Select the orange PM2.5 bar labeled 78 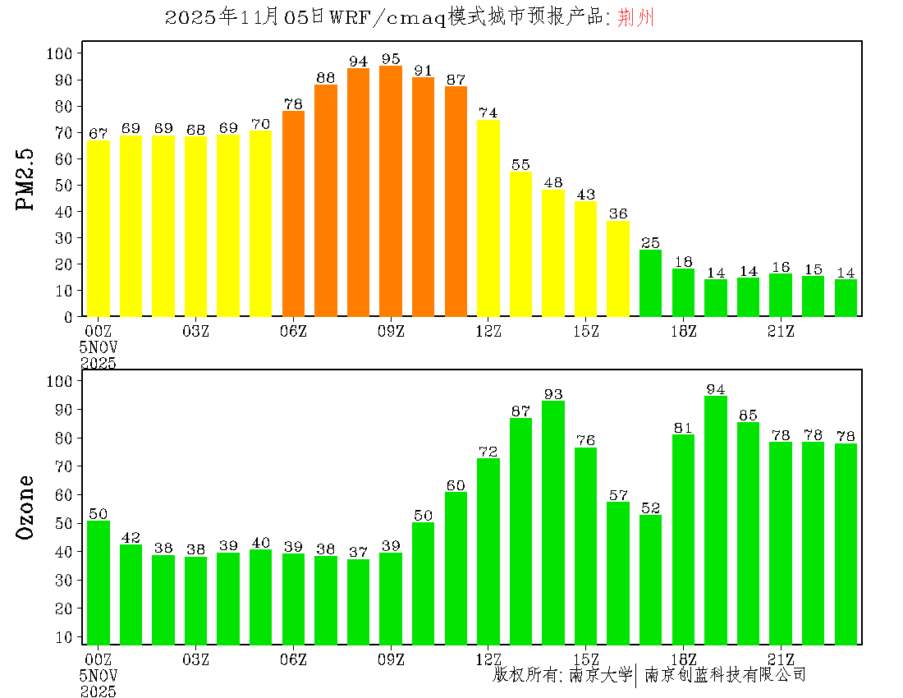coord(293,214)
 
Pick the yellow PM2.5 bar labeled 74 coord(488,218)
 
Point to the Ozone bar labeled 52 coord(651,579)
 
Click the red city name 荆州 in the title coord(636,18)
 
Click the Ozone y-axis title coord(26,507)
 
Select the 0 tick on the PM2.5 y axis coord(70,317)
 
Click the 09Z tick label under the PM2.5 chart coord(391,331)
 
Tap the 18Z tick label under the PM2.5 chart coord(684,331)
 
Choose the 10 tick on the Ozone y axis coord(65,636)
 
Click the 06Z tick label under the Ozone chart coord(293,659)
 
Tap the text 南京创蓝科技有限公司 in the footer coord(725,675)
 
